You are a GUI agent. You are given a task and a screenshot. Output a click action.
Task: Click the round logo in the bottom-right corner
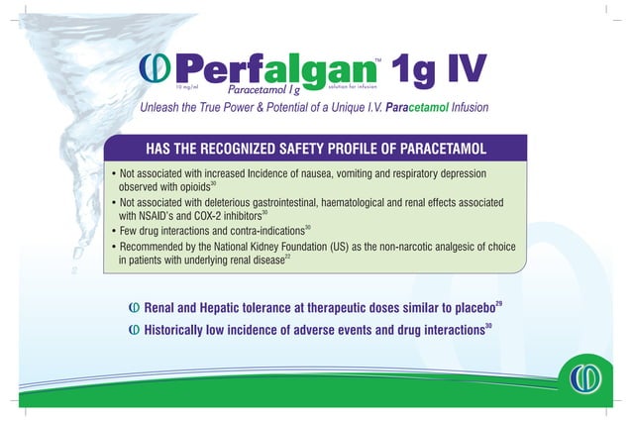click(590, 377)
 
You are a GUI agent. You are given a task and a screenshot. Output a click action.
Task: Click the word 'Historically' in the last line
click(184, 331)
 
